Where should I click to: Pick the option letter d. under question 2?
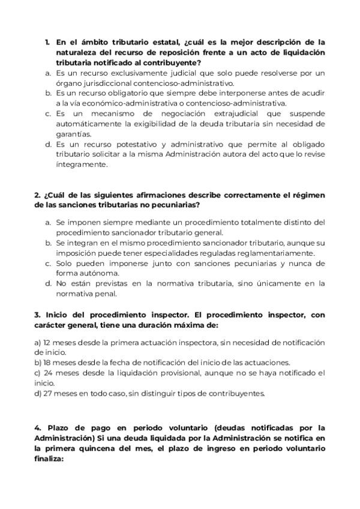pos(48,283)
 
